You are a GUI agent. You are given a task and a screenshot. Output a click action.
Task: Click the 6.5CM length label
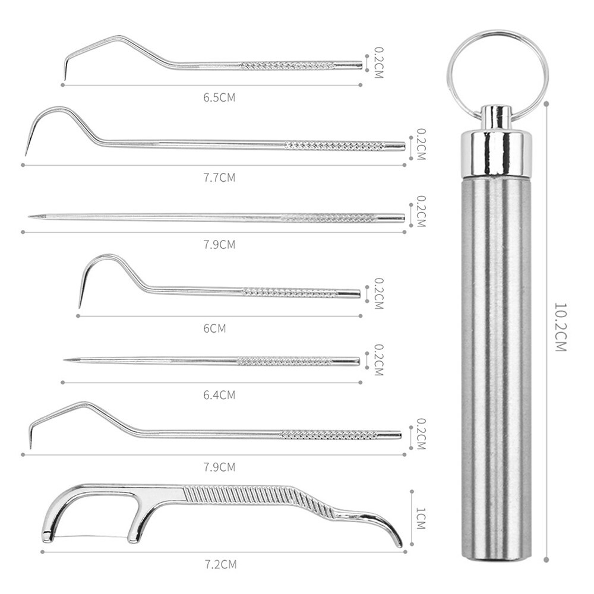point(219,98)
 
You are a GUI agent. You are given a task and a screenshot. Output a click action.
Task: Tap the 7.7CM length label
point(219,178)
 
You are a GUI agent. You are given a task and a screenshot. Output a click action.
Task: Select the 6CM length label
point(214,328)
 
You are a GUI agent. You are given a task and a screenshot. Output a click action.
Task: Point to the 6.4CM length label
point(219,395)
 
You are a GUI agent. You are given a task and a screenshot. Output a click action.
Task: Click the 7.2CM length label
point(220,564)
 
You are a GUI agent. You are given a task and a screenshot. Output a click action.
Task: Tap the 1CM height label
point(421,519)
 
